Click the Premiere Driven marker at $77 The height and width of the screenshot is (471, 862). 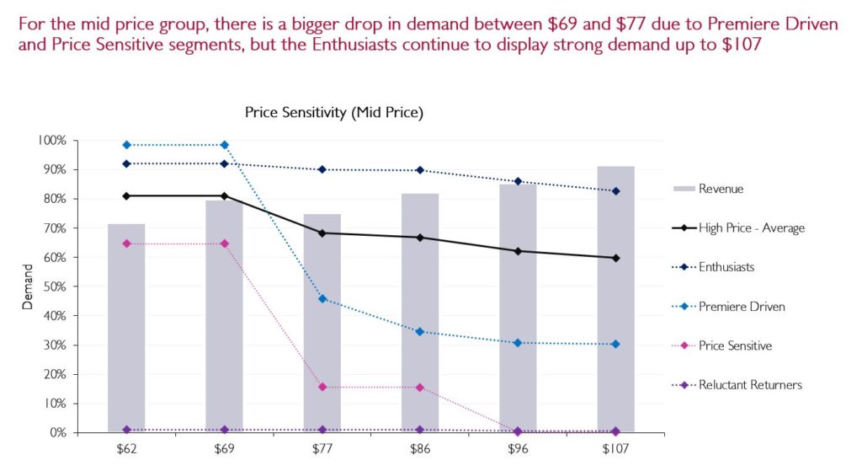click(322, 299)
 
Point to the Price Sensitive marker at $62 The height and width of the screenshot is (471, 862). click(126, 244)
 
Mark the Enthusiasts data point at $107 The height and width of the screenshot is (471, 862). click(616, 191)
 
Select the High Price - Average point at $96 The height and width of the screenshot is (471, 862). click(519, 251)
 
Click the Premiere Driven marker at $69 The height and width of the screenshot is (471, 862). click(224, 145)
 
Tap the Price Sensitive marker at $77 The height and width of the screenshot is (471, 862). click(322, 387)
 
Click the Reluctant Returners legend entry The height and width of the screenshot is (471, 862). click(750, 385)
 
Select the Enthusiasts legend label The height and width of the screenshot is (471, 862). click(726, 267)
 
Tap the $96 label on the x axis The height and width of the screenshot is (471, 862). click(519, 449)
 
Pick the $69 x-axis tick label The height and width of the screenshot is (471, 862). click(224, 449)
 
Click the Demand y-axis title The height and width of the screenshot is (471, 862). click(27, 286)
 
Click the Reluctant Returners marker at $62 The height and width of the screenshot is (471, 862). click(126, 430)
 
